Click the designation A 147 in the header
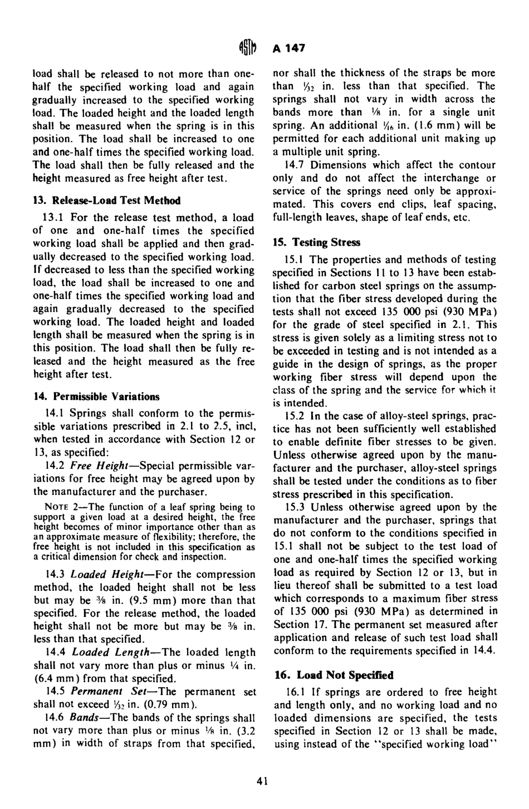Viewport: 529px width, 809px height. pos(289,48)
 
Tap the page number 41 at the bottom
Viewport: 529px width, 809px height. pos(262,781)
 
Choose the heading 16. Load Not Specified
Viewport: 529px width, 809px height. pos(333,675)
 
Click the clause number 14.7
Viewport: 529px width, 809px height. pos(293,165)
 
